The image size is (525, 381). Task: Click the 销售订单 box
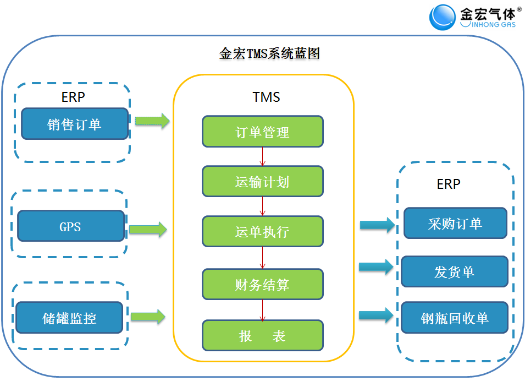75,124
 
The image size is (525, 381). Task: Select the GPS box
71,226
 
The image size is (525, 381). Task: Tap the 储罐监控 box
69,318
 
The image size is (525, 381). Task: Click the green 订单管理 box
263,132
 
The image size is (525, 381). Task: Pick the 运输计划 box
263,181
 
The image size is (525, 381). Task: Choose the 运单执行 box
263,231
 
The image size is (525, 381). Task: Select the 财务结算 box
263,284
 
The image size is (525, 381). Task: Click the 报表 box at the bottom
263,335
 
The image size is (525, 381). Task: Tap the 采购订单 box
455,223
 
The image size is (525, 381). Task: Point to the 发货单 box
455,271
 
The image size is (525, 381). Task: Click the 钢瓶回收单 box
455,318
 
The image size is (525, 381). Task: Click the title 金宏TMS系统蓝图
269,53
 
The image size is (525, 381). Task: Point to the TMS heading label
266,97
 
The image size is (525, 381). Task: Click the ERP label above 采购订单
449,184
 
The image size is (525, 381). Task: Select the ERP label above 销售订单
73,97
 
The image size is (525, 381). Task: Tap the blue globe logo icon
443,17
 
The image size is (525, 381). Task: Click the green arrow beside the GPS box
148,230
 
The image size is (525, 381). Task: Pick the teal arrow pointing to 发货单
377,267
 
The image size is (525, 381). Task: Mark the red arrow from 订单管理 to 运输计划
263,156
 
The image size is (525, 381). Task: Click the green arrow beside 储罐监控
148,316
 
